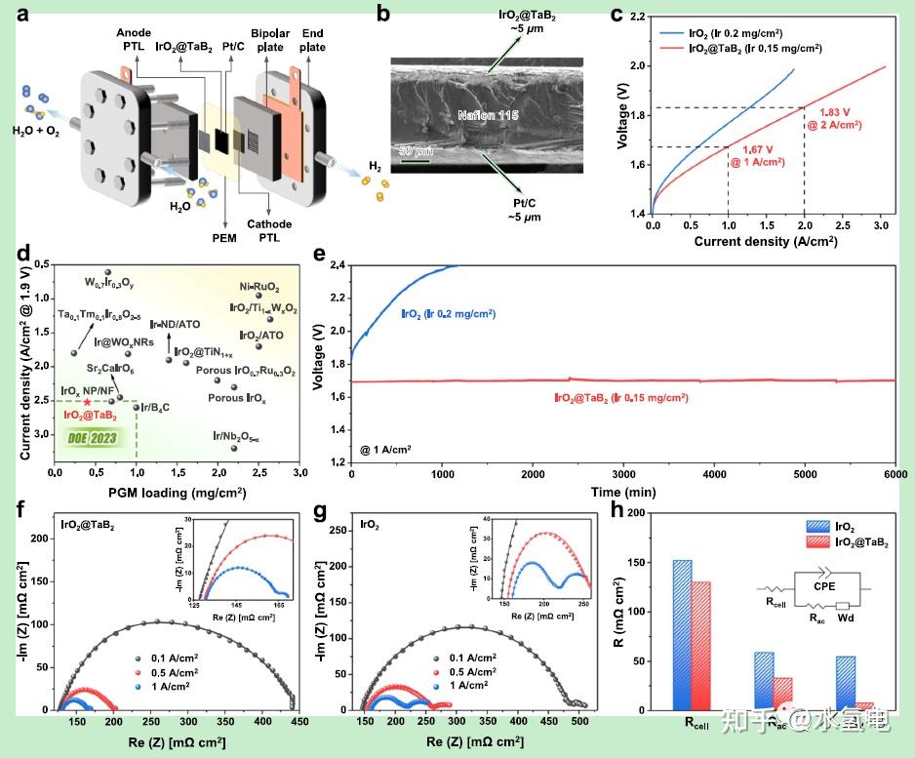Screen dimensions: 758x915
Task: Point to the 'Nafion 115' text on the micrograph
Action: tap(490, 115)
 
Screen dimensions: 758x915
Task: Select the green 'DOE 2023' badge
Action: tap(93, 438)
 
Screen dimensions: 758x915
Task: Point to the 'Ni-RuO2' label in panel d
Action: tap(259, 288)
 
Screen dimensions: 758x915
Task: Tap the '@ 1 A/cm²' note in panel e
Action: tap(386, 448)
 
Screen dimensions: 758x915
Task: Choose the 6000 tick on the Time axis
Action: tap(895, 473)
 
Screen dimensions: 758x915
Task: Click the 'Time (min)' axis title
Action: tap(621, 492)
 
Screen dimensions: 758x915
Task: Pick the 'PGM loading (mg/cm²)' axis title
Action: tap(176, 492)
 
